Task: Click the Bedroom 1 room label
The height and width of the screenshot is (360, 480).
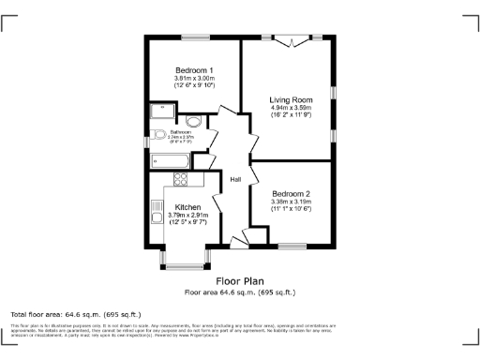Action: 194,70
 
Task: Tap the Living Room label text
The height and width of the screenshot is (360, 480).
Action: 291,99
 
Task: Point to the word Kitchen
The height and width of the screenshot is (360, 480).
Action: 187,207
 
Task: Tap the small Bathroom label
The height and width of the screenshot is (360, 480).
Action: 180,132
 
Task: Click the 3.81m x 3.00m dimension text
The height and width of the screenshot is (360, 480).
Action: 194,79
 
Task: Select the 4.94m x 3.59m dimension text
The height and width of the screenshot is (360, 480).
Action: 291,108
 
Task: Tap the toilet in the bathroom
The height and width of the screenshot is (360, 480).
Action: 158,134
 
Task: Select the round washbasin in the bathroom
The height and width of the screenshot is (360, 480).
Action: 194,122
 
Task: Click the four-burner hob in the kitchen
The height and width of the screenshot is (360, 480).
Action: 180,180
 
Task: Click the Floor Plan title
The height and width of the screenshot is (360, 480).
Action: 239,280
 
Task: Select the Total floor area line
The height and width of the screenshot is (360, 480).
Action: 75,313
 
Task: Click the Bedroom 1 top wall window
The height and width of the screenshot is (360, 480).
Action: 194,37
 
